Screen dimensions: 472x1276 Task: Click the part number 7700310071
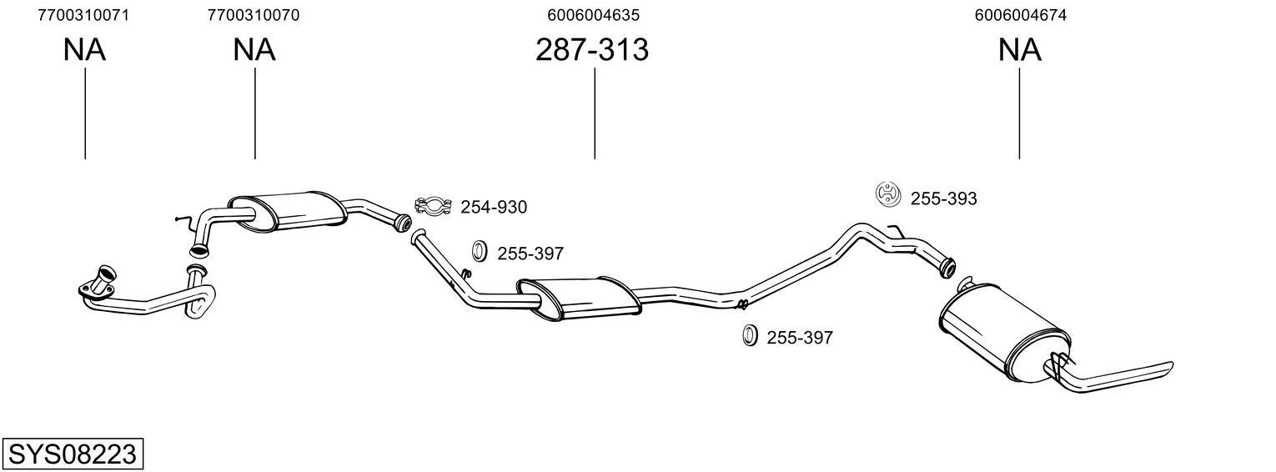tap(83, 15)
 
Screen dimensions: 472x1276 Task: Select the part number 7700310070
tap(254, 15)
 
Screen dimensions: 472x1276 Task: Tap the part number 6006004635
tap(594, 15)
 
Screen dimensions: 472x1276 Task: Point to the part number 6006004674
tap(1019, 15)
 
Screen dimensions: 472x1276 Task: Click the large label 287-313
tap(592, 51)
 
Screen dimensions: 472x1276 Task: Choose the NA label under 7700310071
tap(84, 51)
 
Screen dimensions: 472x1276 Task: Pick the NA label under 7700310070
tap(254, 51)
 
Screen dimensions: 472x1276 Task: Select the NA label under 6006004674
tap(1019, 51)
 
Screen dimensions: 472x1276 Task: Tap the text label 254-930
tap(494, 208)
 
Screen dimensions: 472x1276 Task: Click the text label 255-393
tap(943, 198)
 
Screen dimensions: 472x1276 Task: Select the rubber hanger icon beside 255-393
tap(889, 193)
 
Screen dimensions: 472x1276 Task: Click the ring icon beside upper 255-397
tap(480, 250)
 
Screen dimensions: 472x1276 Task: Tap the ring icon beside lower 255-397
tap(749, 335)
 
